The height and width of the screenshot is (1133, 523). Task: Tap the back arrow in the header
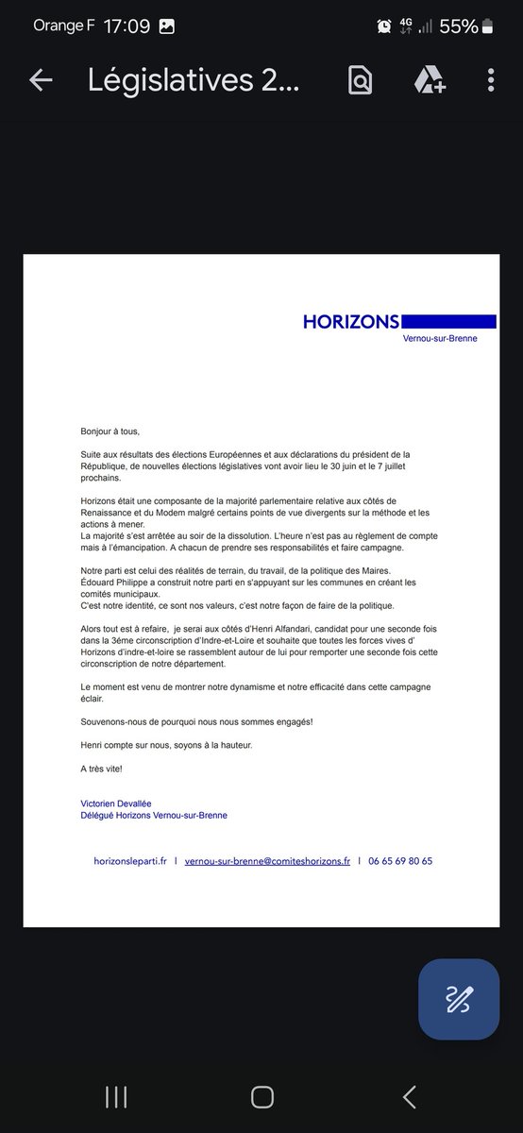(x=41, y=81)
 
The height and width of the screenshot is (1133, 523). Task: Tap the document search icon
(x=360, y=81)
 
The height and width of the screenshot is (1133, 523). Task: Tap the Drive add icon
(x=430, y=81)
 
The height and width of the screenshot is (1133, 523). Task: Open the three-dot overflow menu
(x=491, y=81)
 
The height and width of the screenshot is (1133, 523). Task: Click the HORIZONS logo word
(x=351, y=322)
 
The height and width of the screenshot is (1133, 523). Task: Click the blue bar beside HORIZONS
(x=448, y=322)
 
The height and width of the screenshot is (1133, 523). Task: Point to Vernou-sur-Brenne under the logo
(x=440, y=338)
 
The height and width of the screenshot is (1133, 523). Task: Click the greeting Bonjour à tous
(x=110, y=431)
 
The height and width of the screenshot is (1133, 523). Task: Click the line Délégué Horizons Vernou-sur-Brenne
(x=154, y=816)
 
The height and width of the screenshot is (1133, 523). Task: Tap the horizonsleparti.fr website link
(x=130, y=861)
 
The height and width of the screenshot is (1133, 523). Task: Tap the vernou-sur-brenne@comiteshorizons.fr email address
(x=267, y=861)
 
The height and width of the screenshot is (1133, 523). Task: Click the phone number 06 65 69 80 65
(x=400, y=861)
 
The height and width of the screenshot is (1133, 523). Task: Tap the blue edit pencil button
(x=459, y=999)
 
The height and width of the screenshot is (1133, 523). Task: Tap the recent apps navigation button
(x=116, y=1097)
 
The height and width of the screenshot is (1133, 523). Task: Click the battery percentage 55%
(x=458, y=26)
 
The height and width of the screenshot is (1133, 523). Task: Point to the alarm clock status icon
(x=384, y=26)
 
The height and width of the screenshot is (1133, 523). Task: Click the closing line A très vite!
(x=101, y=769)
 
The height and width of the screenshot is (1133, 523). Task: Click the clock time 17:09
(x=127, y=26)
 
